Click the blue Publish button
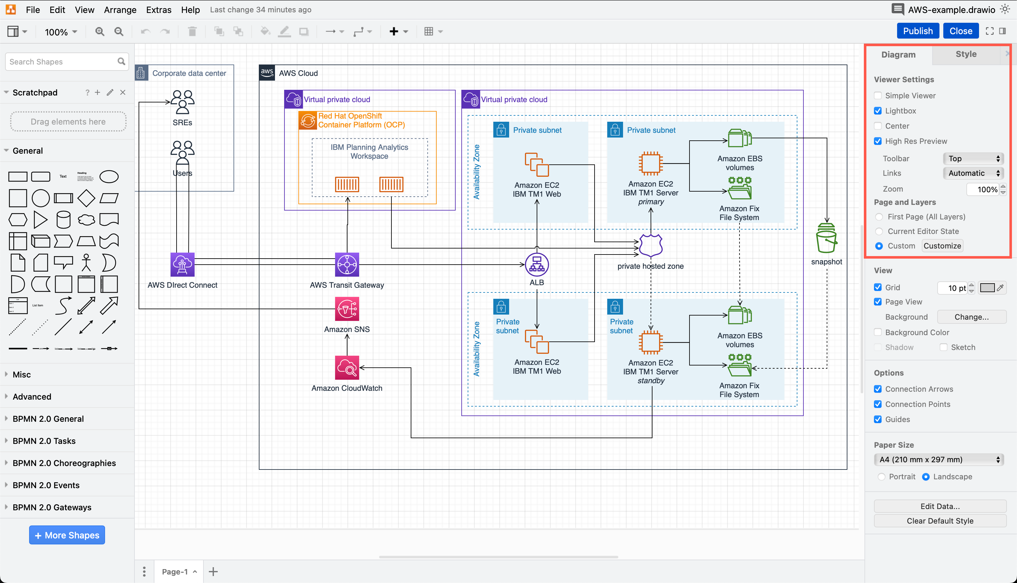click(917, 31)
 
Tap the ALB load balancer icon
click(537, 265)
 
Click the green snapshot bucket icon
click(826, 238)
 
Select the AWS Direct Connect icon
click(182, 264)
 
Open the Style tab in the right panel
click(966, 54)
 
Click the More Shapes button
click(67, 535)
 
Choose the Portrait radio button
click(881, 476)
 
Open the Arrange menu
click(120, 9)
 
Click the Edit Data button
click(940, 506)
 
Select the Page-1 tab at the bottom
click(175, 571)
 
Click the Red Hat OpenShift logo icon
click(308, 120)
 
